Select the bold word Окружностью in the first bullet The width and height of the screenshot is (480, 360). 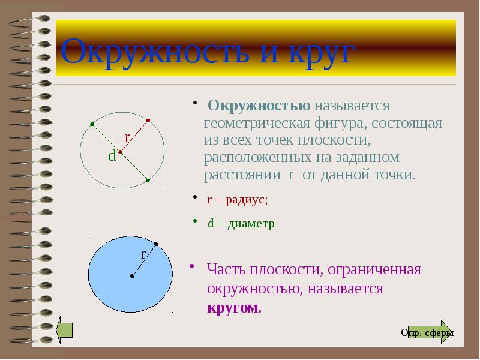click(259, 106)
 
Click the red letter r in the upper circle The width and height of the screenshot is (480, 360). click(127, 138)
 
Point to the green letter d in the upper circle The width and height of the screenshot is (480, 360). click(112, 157)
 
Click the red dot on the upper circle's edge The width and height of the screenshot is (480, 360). click(148, 120)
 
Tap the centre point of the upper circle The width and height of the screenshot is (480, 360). click(120, 152)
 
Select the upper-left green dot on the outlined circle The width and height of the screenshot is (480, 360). click(92, 124)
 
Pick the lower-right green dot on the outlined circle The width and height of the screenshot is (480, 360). click(148, 179)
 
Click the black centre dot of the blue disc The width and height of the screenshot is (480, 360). click(131, 277)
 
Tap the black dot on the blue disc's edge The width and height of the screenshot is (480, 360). click(156, 244)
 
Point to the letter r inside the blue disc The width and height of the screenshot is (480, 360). click(143, 254)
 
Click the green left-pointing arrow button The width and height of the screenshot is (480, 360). click(64, 331)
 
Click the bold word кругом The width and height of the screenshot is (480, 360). click(235, 308)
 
